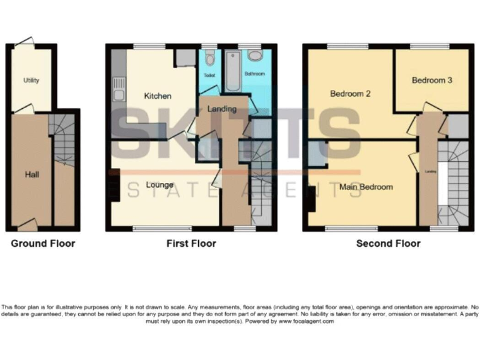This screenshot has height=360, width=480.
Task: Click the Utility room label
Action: click(31, 81)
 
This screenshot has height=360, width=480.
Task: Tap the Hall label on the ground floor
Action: click(32, 174)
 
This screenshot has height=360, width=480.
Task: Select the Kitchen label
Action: click(157, 96)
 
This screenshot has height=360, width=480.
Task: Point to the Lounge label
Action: click(159, 185)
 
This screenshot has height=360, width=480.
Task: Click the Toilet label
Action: click(209, 74)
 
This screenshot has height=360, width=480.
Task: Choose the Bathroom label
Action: click(254, 74)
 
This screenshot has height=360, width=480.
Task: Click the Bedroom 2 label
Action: click(351, 94)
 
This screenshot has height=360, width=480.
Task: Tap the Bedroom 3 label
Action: click(432, 80)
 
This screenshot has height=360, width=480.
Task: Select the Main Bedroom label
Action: click(366, 187)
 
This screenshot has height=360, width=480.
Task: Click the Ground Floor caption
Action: click(42, 244)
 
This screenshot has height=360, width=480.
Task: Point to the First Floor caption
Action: click(191, 244)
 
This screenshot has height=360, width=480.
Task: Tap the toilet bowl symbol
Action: click(209, 61)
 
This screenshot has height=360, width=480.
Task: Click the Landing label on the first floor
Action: click(222, 109)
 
